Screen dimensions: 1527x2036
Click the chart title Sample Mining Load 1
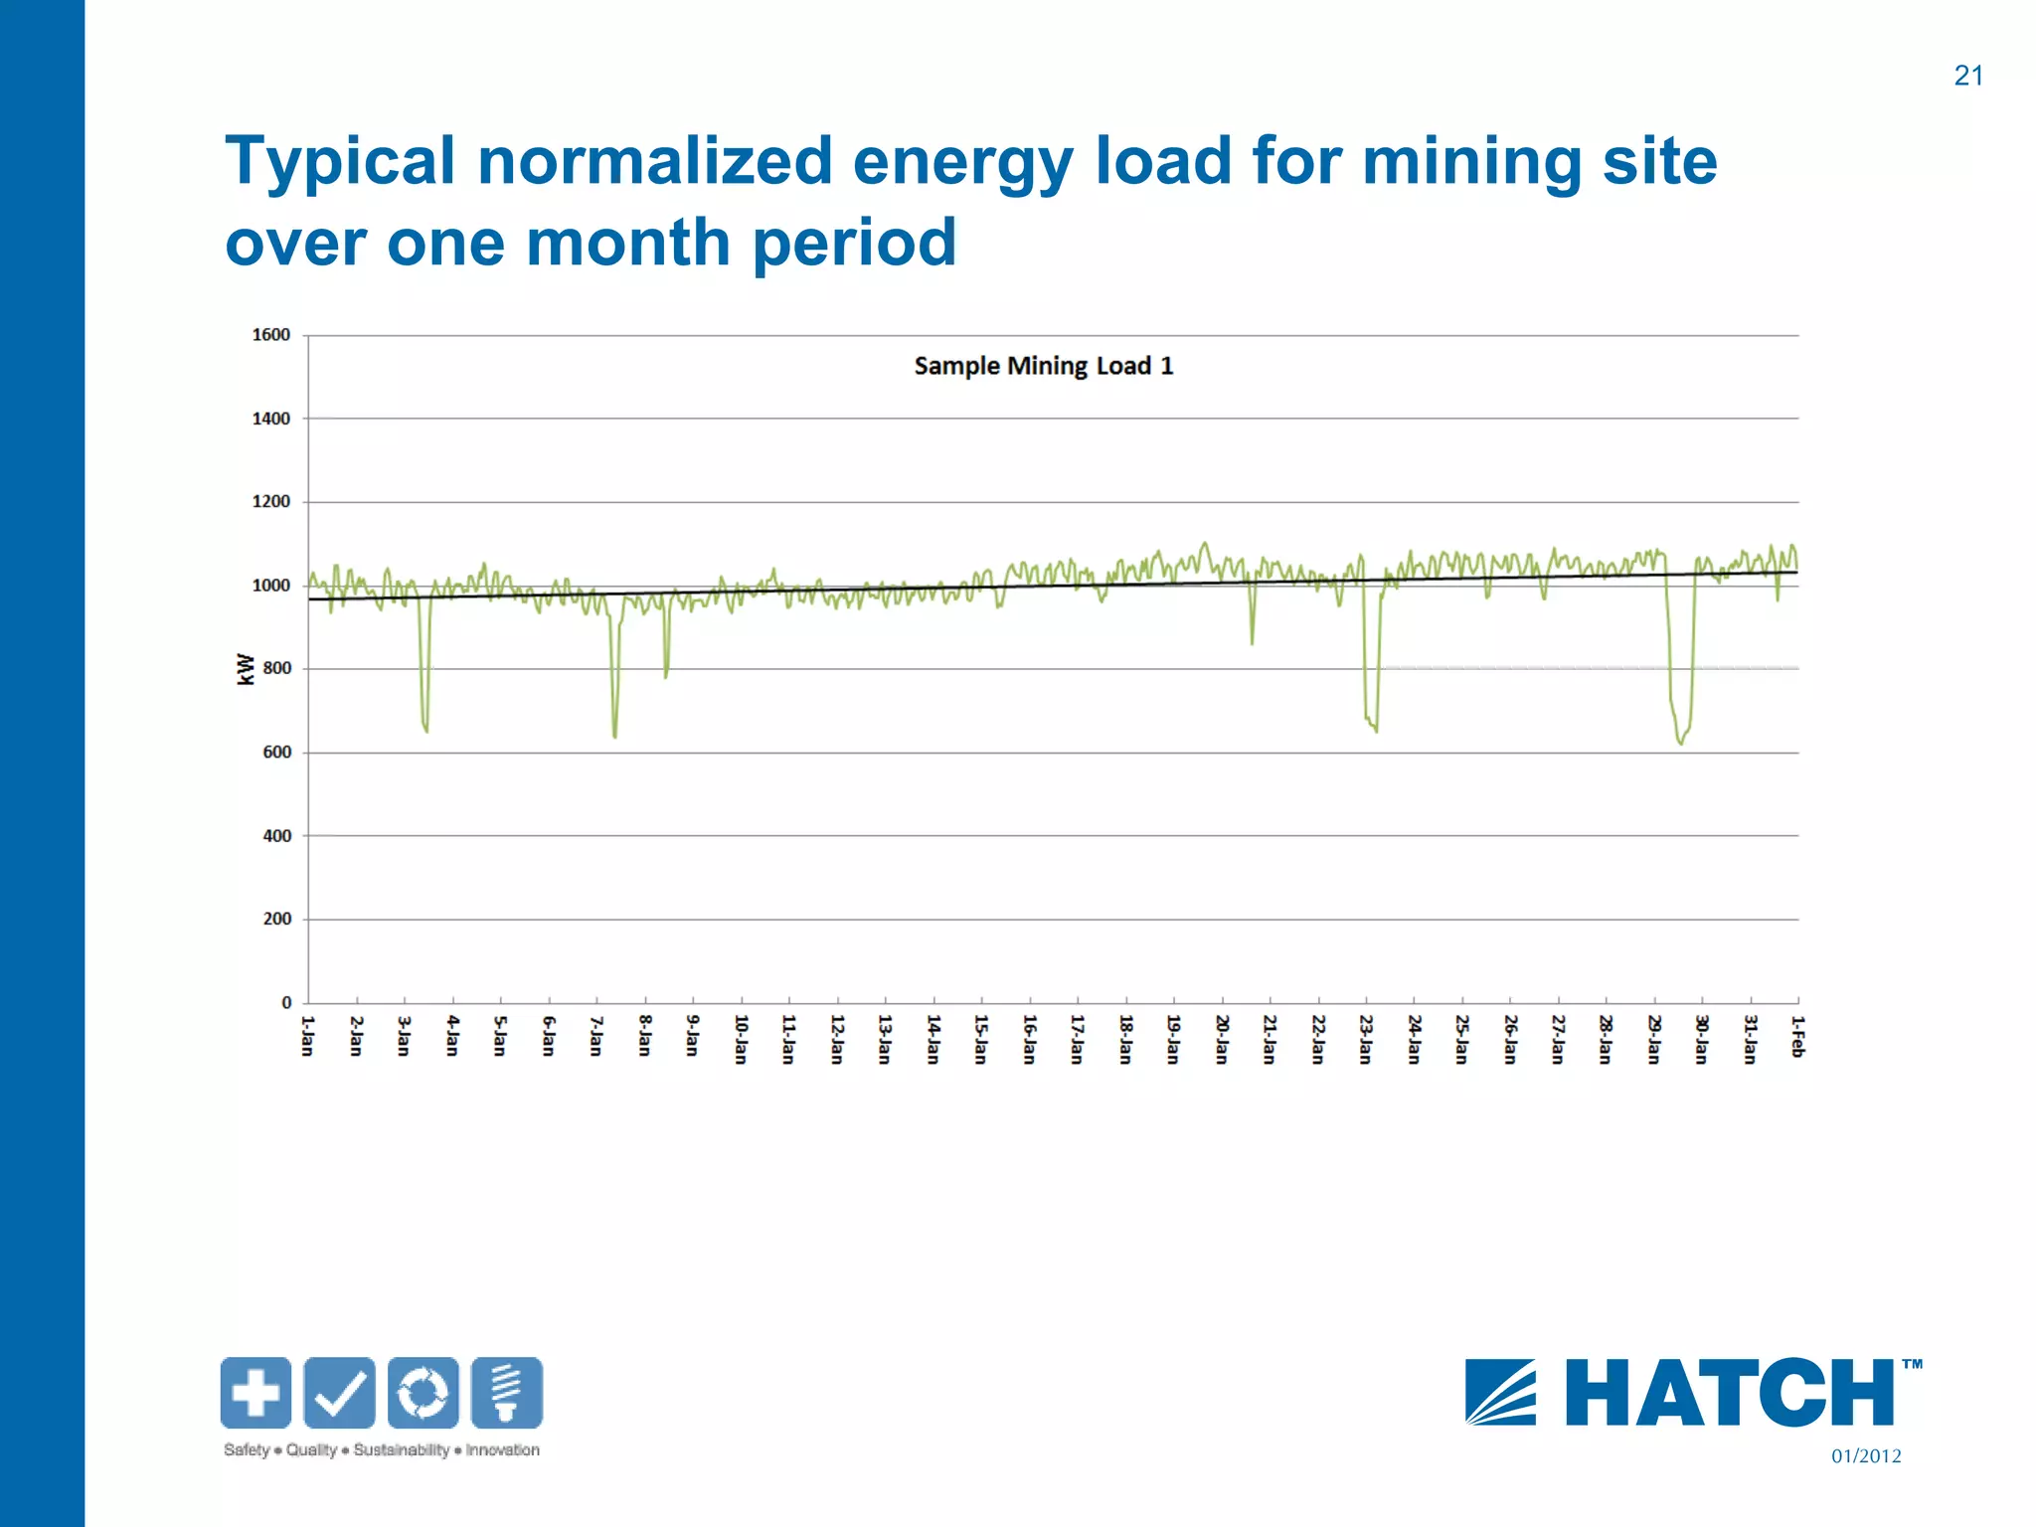click(1043, 366)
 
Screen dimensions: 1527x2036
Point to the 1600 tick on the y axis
click(270, 335)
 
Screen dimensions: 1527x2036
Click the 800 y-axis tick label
click(277, 668)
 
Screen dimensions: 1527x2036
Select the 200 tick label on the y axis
click(277, 919)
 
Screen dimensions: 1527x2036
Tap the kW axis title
click(246, 669)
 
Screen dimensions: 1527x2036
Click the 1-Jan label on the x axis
click(307, 1036)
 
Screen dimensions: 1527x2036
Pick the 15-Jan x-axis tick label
click(980, 1039)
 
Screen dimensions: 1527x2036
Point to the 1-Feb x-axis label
click(1797, 1036)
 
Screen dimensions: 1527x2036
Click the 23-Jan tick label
click(1365, 1039)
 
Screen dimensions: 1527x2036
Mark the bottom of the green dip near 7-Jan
click(615, 737)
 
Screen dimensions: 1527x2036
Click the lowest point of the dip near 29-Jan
click(1681, 744)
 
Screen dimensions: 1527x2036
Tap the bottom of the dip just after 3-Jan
click(426, 732)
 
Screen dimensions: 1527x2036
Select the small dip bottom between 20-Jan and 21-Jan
click(1252, 643)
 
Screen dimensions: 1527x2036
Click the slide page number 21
click(1967, 76)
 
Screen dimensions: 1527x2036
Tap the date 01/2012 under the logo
click(1865, 1456)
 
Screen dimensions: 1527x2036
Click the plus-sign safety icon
click(256, 1393)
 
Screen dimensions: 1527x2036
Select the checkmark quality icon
click(339, 1393)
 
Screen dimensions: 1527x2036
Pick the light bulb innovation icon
click(507, 1393)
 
